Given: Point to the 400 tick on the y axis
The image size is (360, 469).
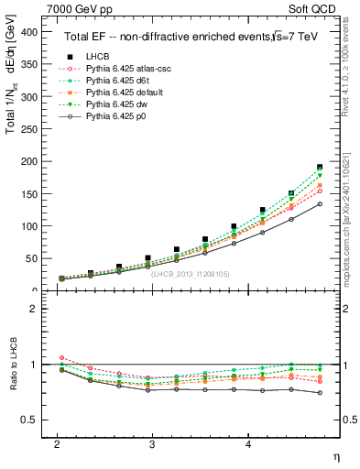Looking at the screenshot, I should point(34,32).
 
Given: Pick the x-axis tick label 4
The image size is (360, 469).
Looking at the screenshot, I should point(248,443).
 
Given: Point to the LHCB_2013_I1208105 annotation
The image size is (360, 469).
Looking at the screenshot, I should point(189,275).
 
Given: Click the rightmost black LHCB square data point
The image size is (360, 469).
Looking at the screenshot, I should point(320,168).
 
